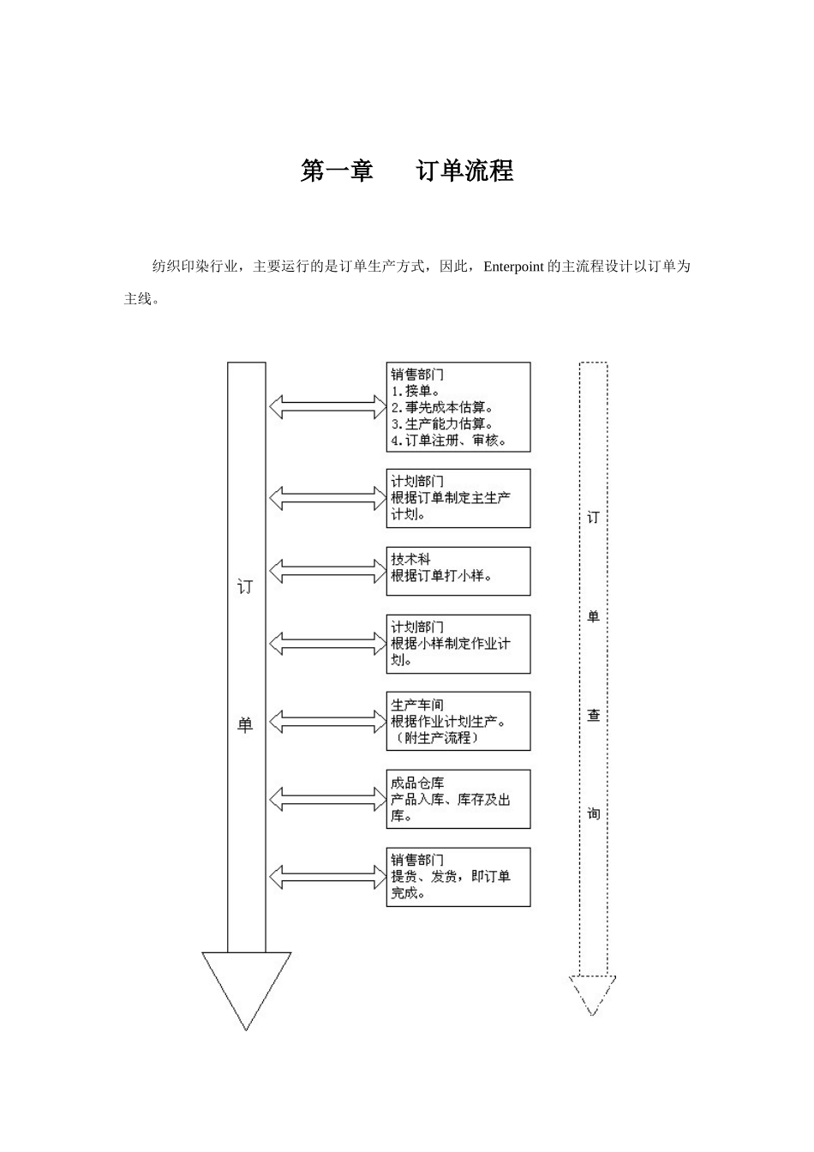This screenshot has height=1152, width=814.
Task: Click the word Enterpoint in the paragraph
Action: point(513,267)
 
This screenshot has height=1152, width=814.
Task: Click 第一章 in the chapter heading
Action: point(337,171)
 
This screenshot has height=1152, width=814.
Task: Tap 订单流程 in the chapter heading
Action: point(465,171)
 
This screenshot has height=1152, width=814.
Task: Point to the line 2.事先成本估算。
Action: point(442,407)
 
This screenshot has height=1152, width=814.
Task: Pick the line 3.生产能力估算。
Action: point(442,423)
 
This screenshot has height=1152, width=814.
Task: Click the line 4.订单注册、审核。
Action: point(449,441)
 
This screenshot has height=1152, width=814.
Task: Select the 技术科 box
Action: point(458,571)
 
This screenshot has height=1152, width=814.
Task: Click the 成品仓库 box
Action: point(458,799)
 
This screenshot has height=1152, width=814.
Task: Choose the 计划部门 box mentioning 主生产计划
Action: point(458,498)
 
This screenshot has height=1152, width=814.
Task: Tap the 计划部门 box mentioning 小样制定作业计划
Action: point(458,644)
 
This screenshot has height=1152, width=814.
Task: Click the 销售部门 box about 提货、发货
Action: point(458,877)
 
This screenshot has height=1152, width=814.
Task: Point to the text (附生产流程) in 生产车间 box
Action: point(435,738)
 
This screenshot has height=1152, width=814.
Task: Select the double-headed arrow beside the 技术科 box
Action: point(328,570)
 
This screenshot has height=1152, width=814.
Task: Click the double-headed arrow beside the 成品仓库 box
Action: point(328,799)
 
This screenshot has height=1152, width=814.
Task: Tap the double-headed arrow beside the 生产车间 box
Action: point(328,722)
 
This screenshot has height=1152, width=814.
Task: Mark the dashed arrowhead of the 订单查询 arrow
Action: point(593,994)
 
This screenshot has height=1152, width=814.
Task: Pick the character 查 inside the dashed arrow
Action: point(593,716)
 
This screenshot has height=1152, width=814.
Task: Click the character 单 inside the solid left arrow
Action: point(246,725)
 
